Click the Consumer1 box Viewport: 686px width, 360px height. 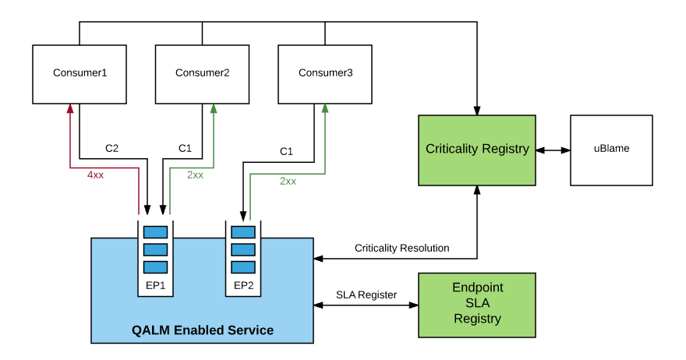(80, 74)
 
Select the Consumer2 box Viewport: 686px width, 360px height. (203, 74)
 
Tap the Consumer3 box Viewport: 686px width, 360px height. (325, 74)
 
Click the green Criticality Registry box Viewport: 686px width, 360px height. (477, 150)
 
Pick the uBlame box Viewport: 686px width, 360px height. (611, 150)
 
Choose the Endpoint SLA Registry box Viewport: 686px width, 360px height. (477, 304)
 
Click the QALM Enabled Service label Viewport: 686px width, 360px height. (203, 330)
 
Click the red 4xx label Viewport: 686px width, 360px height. (95, 175)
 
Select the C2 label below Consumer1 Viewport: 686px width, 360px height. (112, 148)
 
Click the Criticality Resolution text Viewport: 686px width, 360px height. (401, 248)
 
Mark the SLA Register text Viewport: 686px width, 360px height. (366, 295)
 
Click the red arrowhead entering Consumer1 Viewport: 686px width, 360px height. (70, 109)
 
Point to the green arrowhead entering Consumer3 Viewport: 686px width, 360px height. (324, 109)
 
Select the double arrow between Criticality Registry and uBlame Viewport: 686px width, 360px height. (553, 150)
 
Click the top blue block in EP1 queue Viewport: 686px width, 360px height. (155, 231)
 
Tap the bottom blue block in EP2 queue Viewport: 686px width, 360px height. (243, 266)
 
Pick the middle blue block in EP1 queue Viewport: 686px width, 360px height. (155, 249)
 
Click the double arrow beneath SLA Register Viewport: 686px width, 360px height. (366, 306)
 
